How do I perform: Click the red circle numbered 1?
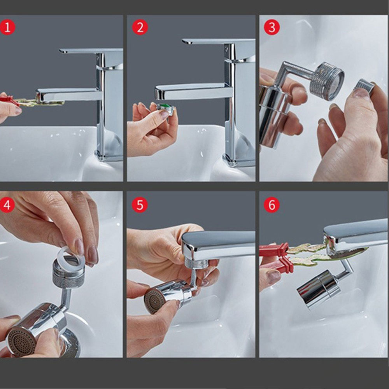pyautogui.click(x=7, y=27)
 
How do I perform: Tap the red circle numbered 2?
pyautogui.click(x=140, y=27)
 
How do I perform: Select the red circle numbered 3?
pyautogui.click(x=272, y=27)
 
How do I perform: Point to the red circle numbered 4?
pyautogui.click(x=7, y=205)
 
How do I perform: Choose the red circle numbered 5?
pyautogui.click(x=140, y=205)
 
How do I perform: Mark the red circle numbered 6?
pyautogui.click(x=272, y=205)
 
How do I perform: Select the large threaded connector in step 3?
pyautogui.click(x=327, y=81)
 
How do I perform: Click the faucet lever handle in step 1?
pyautogui.click(x=91, y=51)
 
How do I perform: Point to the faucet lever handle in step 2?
pyautogui.click(x=218, y=41)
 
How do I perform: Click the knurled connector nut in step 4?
pyautogui.click(x=68, y=275)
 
